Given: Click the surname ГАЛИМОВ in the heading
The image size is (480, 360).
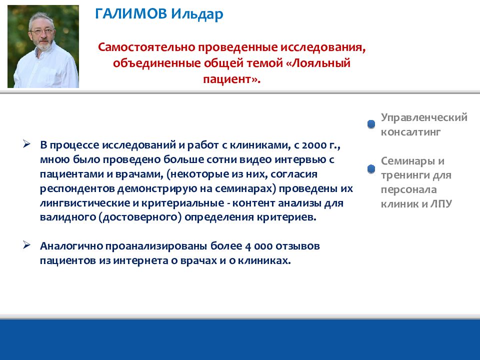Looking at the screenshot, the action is pos(131,14).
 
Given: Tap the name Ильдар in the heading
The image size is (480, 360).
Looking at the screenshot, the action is pos(197,14).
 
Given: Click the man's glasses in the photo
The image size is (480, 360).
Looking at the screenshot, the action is pos(41,31).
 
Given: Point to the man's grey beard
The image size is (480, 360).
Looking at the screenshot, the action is pos(43,44).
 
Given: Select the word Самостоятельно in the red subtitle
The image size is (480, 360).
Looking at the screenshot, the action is pos(146,47).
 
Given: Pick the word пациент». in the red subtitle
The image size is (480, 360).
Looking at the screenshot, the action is pos(231,79).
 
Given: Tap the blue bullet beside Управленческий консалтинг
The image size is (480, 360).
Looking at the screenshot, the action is pos(371,124).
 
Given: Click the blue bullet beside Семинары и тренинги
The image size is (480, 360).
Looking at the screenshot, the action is pos(371,168).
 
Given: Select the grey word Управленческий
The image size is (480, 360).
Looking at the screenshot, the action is pos(424,117).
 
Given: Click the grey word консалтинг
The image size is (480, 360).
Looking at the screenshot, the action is pos(410,132).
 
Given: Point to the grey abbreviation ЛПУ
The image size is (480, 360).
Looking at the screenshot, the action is pos(441,204).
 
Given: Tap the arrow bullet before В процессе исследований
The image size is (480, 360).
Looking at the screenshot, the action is pos(26,144).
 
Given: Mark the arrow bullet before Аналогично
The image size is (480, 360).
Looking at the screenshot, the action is pos(26,245).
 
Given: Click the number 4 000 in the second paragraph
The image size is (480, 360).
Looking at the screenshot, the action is pos(258,246).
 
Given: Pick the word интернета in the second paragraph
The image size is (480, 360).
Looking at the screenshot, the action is pos(144,260).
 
